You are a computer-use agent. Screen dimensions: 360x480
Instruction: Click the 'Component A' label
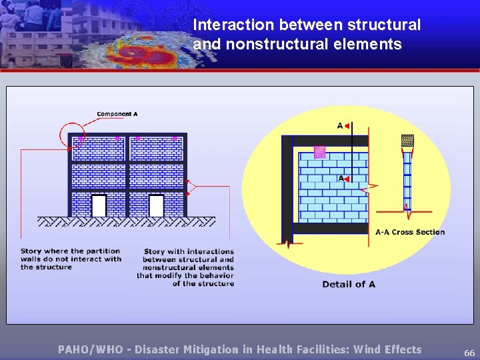point(117,114)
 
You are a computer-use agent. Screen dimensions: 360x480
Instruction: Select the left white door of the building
point(99,205)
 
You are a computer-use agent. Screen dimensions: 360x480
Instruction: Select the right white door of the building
point(156,205)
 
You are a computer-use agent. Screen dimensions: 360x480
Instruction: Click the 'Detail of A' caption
point(349,284)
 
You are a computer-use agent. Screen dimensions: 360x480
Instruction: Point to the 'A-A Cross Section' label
point(410,232)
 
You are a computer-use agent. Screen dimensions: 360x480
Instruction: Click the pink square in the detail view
point(319,151)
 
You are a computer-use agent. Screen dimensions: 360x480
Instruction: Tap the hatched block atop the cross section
point(407,141)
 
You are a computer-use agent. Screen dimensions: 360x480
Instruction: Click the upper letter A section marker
point(339,125)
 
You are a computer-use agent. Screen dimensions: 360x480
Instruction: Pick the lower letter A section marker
point(340,178)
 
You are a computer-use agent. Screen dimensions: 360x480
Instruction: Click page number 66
point(469,352)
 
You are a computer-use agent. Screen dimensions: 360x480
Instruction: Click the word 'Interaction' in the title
point(234,25)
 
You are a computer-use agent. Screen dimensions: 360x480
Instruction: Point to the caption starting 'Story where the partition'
point(71,259)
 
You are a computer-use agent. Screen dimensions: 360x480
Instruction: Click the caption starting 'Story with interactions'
point(187,267)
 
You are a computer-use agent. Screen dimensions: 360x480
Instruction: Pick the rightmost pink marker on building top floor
point(175,139)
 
